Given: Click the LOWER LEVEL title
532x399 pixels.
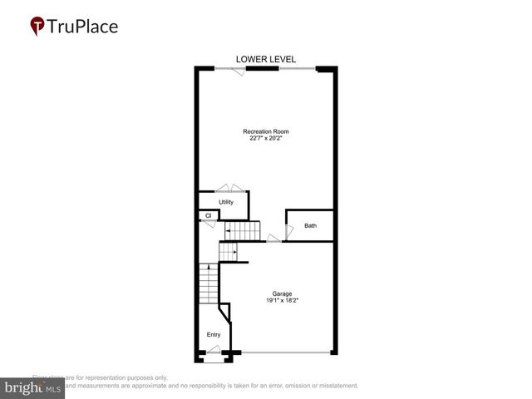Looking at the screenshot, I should pos(266,59).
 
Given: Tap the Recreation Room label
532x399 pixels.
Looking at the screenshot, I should pos(266,131).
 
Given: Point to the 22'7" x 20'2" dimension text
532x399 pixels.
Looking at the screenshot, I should pos(266,139).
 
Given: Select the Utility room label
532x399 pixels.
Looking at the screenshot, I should pos(226,202).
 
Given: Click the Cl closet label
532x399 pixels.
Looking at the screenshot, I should pos(209,216).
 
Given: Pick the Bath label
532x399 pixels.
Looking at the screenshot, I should pos(310,225).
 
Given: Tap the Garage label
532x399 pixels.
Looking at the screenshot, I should pos(281,293).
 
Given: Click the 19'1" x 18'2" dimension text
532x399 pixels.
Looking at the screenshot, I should pos(281,300).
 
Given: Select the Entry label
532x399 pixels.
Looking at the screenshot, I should pos(214,335).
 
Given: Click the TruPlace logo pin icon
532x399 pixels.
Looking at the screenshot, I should pos(37,26).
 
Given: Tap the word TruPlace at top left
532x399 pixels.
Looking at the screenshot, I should pos(82,26).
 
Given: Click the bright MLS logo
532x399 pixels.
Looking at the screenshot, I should pos(33,387).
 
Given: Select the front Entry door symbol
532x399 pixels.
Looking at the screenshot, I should pos(214,357).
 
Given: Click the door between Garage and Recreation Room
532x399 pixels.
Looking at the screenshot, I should pos(273,239).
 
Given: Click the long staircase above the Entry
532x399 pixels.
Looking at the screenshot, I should pos(208,286).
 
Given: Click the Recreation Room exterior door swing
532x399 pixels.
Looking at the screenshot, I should pos(239,71).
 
